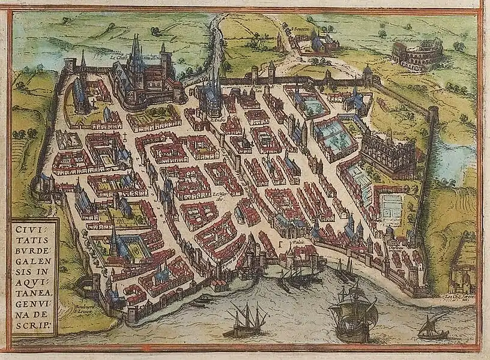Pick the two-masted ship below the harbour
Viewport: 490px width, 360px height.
tap(246, 321)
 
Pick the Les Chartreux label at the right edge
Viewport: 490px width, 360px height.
tap(463, 295)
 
